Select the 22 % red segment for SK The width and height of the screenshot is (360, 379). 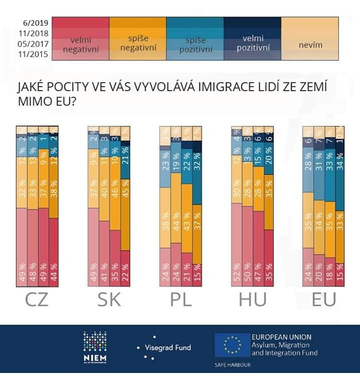(x=125, y=269)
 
